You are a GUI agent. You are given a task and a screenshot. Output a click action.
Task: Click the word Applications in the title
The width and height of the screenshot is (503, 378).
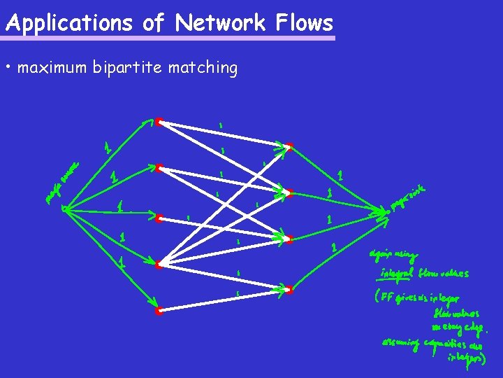(68, 24)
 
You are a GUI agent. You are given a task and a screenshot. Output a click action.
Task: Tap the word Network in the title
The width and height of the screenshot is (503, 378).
(220, 23)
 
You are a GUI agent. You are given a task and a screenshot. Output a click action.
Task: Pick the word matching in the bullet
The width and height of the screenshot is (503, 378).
(203, 68)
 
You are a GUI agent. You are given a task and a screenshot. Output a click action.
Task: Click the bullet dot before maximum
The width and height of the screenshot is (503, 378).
(8, 68)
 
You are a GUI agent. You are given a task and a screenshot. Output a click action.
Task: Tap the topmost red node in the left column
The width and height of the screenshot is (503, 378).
(159, 122)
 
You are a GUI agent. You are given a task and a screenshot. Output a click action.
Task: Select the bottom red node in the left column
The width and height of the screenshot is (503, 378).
(159, 311)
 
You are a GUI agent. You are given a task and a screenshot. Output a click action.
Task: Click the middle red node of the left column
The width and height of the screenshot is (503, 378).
(159, 218)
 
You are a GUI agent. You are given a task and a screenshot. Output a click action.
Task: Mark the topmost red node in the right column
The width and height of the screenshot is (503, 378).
(289, 146)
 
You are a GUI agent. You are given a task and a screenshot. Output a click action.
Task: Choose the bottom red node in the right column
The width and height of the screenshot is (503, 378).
(289, 288)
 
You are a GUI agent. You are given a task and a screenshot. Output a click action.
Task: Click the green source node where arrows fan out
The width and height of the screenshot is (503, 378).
(64, 207)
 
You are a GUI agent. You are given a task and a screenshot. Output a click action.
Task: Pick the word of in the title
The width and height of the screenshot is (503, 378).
(153, 23)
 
